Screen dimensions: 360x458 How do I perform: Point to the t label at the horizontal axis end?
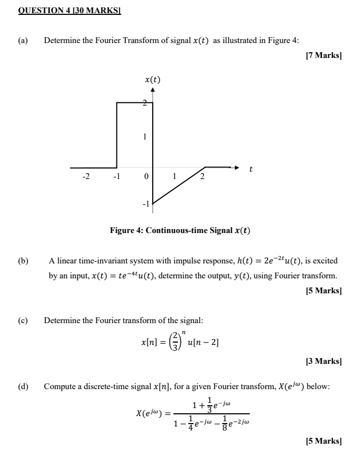click(250, 169)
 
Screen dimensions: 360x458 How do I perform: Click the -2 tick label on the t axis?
click(86, 177)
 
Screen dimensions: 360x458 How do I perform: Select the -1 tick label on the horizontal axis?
click(117, 177)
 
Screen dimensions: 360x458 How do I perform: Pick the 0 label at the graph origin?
click(146, 177)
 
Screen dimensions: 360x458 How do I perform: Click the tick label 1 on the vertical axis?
click(145, 137)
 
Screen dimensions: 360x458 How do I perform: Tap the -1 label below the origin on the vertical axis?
click(145, 204)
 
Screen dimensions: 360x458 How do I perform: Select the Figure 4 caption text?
click(180, 231)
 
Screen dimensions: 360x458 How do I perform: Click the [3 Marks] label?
click(323, 362)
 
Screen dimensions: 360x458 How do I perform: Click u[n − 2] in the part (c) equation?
click(200, 343)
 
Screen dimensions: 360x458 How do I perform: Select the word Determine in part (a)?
click(63, 40)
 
